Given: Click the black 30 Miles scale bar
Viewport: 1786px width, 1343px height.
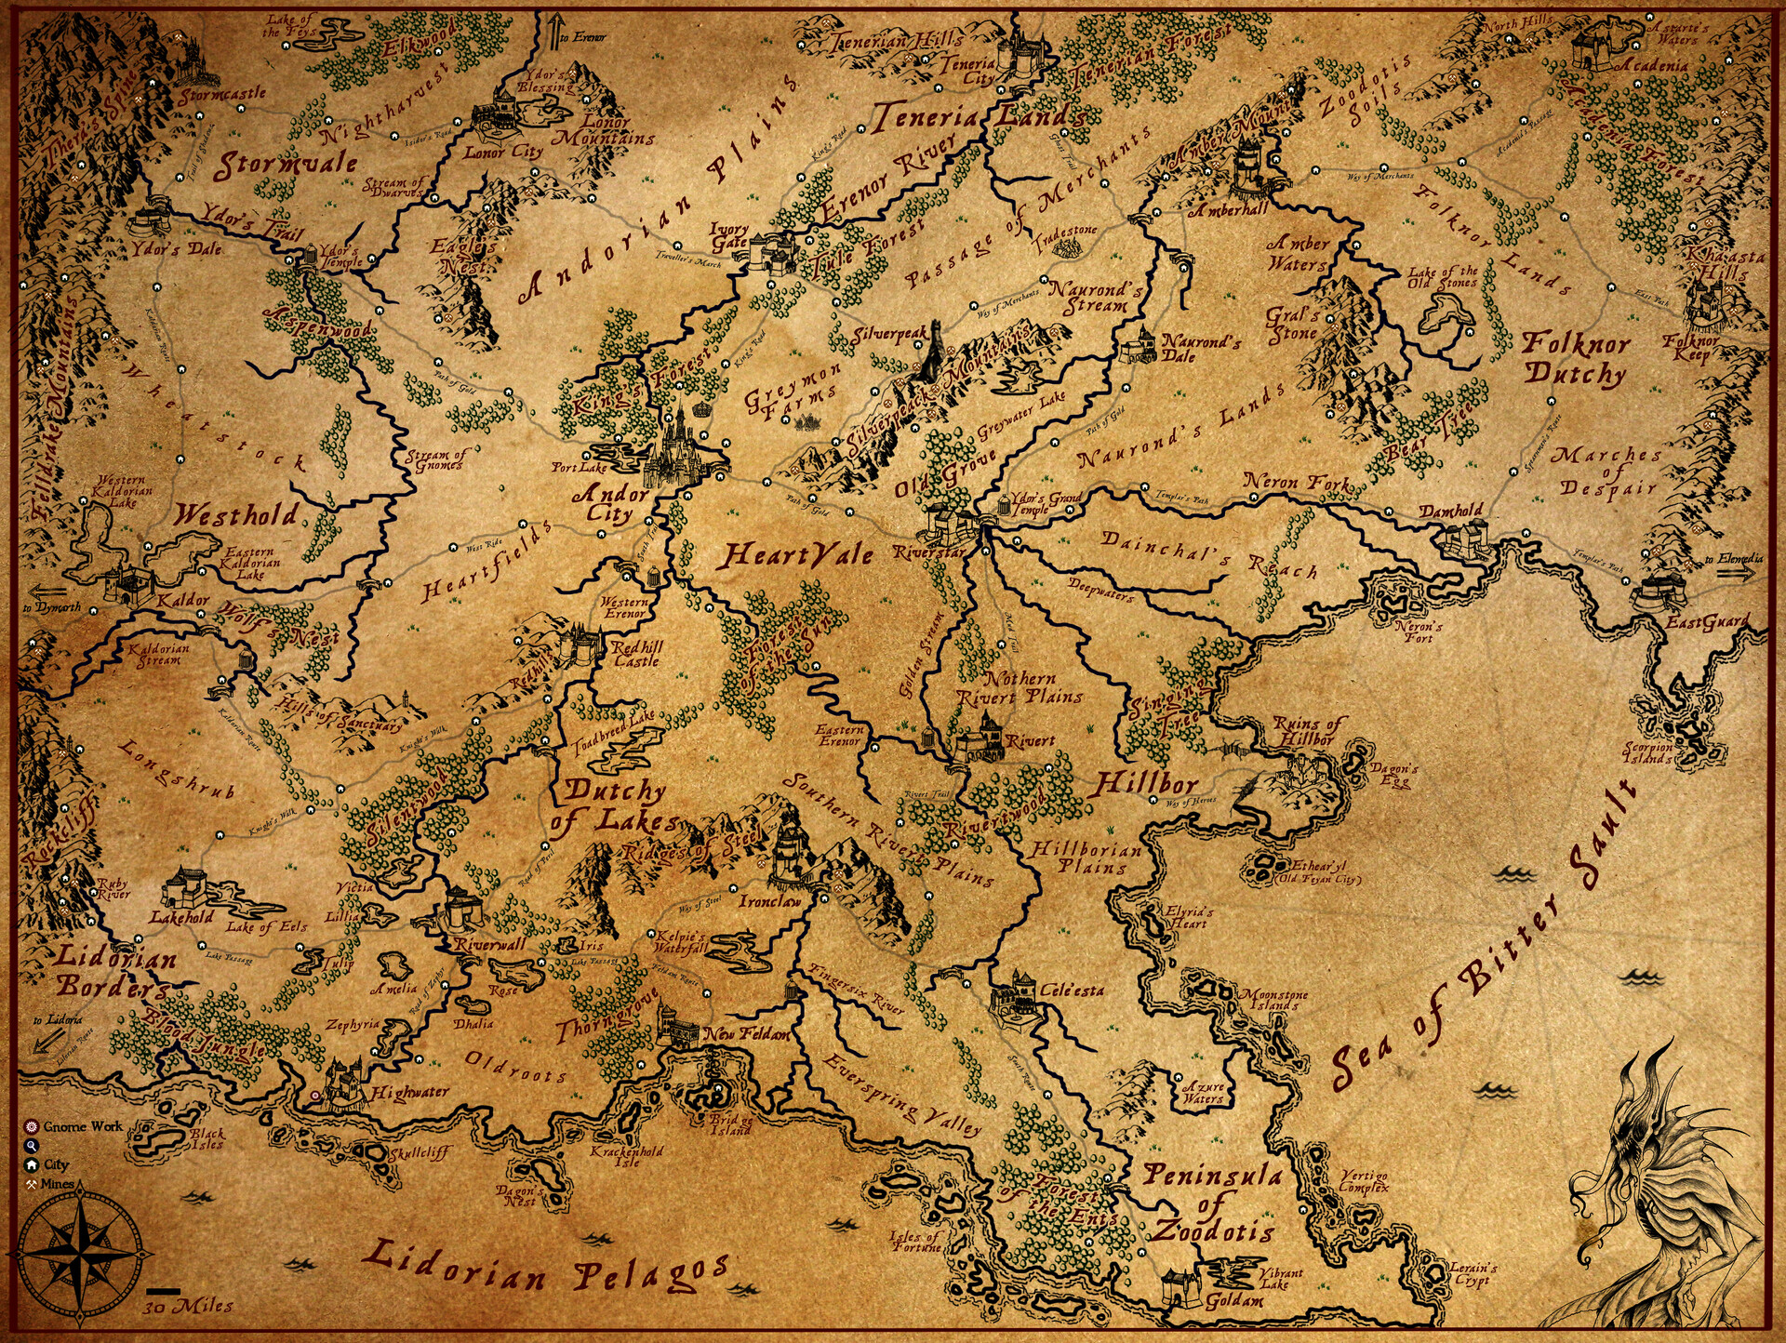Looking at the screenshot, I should click(164, 1291).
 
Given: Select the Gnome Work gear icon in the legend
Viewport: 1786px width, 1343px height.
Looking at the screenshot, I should click(32, 1125).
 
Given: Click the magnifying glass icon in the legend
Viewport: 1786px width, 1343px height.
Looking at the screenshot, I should click(32, 1145).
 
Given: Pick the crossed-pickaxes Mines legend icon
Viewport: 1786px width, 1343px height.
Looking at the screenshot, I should click(32, 1184).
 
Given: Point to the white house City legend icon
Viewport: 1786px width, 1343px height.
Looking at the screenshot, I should click(32, 1164).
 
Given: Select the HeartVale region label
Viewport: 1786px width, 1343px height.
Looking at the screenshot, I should click(798, 556).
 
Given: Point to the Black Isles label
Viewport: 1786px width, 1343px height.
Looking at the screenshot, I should click(207, 1138).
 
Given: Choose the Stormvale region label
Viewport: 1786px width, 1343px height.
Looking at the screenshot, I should click(287, 166).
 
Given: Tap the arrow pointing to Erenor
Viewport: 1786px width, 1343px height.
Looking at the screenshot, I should click(556, 30).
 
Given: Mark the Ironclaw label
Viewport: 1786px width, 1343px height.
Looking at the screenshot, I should click(769, 901).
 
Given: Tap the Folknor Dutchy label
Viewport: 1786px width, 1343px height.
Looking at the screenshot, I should click(1575, 359).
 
